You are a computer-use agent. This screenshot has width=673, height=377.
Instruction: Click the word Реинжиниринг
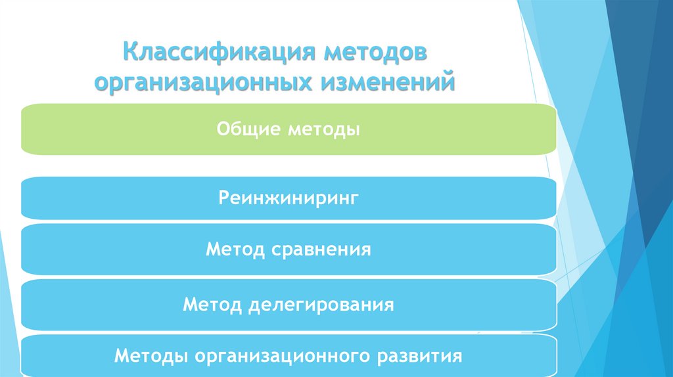[x=289, y=198]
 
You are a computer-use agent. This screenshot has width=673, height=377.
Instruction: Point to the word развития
[x=420, y=357]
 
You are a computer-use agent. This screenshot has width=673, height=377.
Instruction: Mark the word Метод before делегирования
[x=212, y=304]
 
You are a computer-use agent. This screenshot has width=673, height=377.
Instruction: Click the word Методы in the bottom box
[x=148, y=357]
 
